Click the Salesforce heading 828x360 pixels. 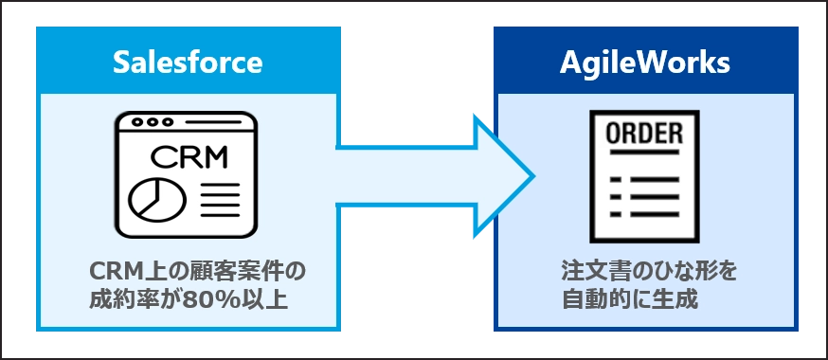(x=187, y=63)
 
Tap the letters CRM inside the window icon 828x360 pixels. (x=189, y=155)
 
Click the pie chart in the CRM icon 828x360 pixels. (x=147, y=197)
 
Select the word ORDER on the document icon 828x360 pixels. (x=644, y=134)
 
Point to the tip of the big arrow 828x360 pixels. (x=532, y=176)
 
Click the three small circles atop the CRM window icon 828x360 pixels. (x=154, y=122)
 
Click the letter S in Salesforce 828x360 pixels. (x=120, y=63)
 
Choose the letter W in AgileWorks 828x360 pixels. (x=654, y=63)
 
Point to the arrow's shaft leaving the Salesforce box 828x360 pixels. (x=398, y=176)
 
